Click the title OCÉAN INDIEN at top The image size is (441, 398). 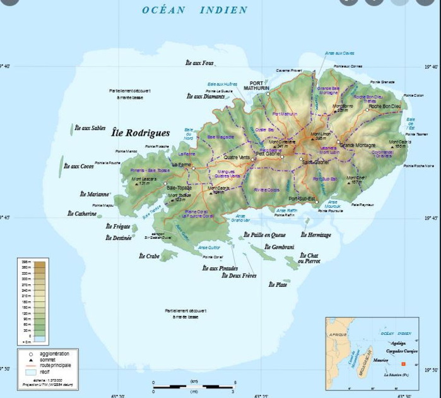coord(194,9)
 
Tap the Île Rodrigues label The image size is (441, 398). coord(140,133)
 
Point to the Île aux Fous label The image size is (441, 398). coord(200,63)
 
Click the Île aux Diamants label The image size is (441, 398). coord(206,96)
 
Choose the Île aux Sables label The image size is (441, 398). coord(90,128)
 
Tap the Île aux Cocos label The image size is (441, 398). coord(78,166)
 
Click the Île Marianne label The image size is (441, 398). coord(95,194)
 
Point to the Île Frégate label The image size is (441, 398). coord(118,226)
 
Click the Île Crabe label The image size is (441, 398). coord(149,256)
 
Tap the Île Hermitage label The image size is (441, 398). coord(315,235)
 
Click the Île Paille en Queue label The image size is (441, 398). coord(265,235)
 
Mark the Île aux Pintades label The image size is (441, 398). coord(220,268)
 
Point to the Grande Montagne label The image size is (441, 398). coord(356,145)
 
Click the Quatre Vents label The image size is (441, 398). coord(237,157)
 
